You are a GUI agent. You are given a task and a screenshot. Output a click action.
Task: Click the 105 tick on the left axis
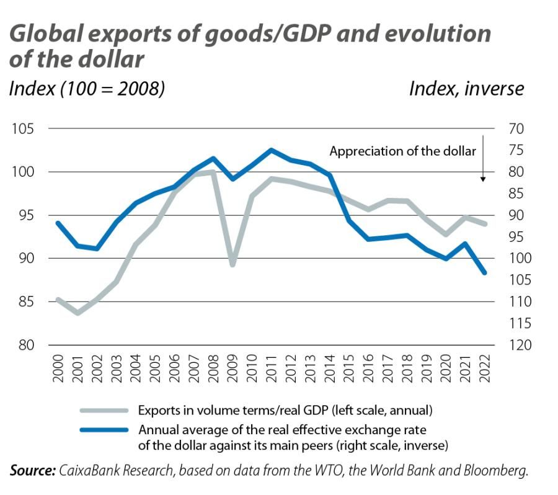point(23,129)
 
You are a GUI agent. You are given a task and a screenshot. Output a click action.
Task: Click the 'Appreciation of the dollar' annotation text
point(402,151)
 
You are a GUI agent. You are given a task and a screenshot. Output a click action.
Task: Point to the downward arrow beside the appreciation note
point(483,161)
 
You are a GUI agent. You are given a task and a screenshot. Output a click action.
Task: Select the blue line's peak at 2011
point(272,150)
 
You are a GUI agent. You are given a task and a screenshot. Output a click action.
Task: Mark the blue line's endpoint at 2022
point(485,272)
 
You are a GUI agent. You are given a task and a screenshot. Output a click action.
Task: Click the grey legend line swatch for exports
point(104,410)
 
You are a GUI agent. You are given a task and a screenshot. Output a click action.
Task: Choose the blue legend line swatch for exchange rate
point(104,430)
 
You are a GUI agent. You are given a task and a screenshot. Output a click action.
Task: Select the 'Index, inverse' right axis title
point(466,89)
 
